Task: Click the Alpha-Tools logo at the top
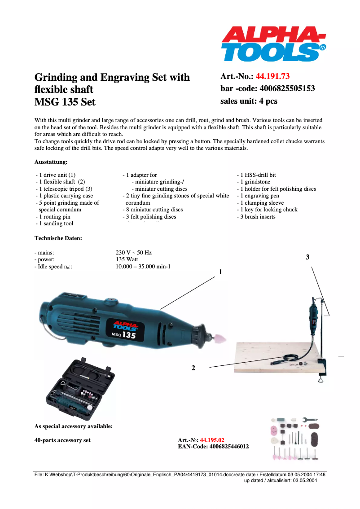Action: [273, 44]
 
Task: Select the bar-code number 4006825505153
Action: [286, 88]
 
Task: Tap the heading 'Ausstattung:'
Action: [51, 162]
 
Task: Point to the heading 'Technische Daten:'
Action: [58, 238]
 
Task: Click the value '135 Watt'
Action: [127, 259]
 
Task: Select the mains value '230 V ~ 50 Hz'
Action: [134, 253]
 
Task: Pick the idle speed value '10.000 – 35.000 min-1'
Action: [143, 267]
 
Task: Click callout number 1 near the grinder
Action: [220, 272]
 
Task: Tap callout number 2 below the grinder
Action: [193, 368]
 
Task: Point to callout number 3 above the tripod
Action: [307, 257]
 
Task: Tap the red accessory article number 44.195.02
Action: [212, 440]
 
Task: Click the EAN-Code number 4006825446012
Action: [229, 447]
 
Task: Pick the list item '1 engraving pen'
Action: [259, 196]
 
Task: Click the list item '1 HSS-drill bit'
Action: [258, 175]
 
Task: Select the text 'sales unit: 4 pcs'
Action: [249, 101]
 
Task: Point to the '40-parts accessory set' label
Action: [62, 440]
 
